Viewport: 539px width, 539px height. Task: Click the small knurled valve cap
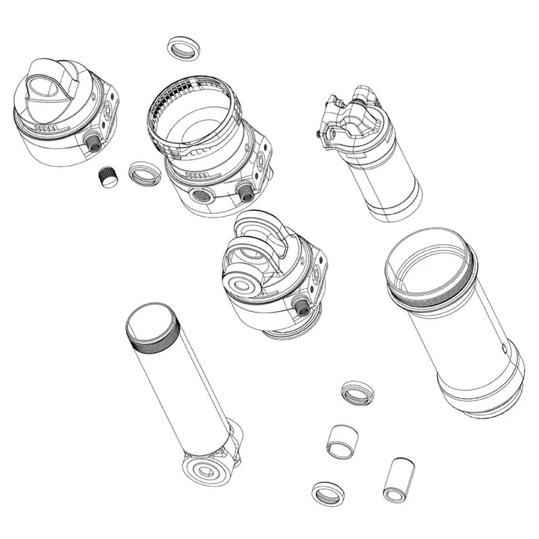click(x=108, y=177)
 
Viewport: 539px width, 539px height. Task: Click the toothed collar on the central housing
click(x=192, y=115)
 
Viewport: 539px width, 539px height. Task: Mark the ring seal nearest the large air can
click(x=357, y=393)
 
